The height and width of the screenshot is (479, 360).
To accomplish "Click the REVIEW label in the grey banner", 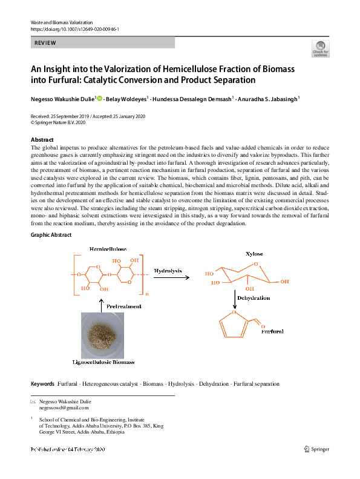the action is (46, 43).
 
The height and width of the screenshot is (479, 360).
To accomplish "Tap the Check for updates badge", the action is (320, 49).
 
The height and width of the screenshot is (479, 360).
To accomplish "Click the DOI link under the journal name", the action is (74, 28).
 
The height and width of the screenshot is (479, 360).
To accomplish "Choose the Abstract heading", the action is (42, 140).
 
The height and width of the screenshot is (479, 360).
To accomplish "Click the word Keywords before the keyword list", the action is (42, 384).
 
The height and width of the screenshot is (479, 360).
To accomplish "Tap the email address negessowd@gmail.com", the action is (64, 408).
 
